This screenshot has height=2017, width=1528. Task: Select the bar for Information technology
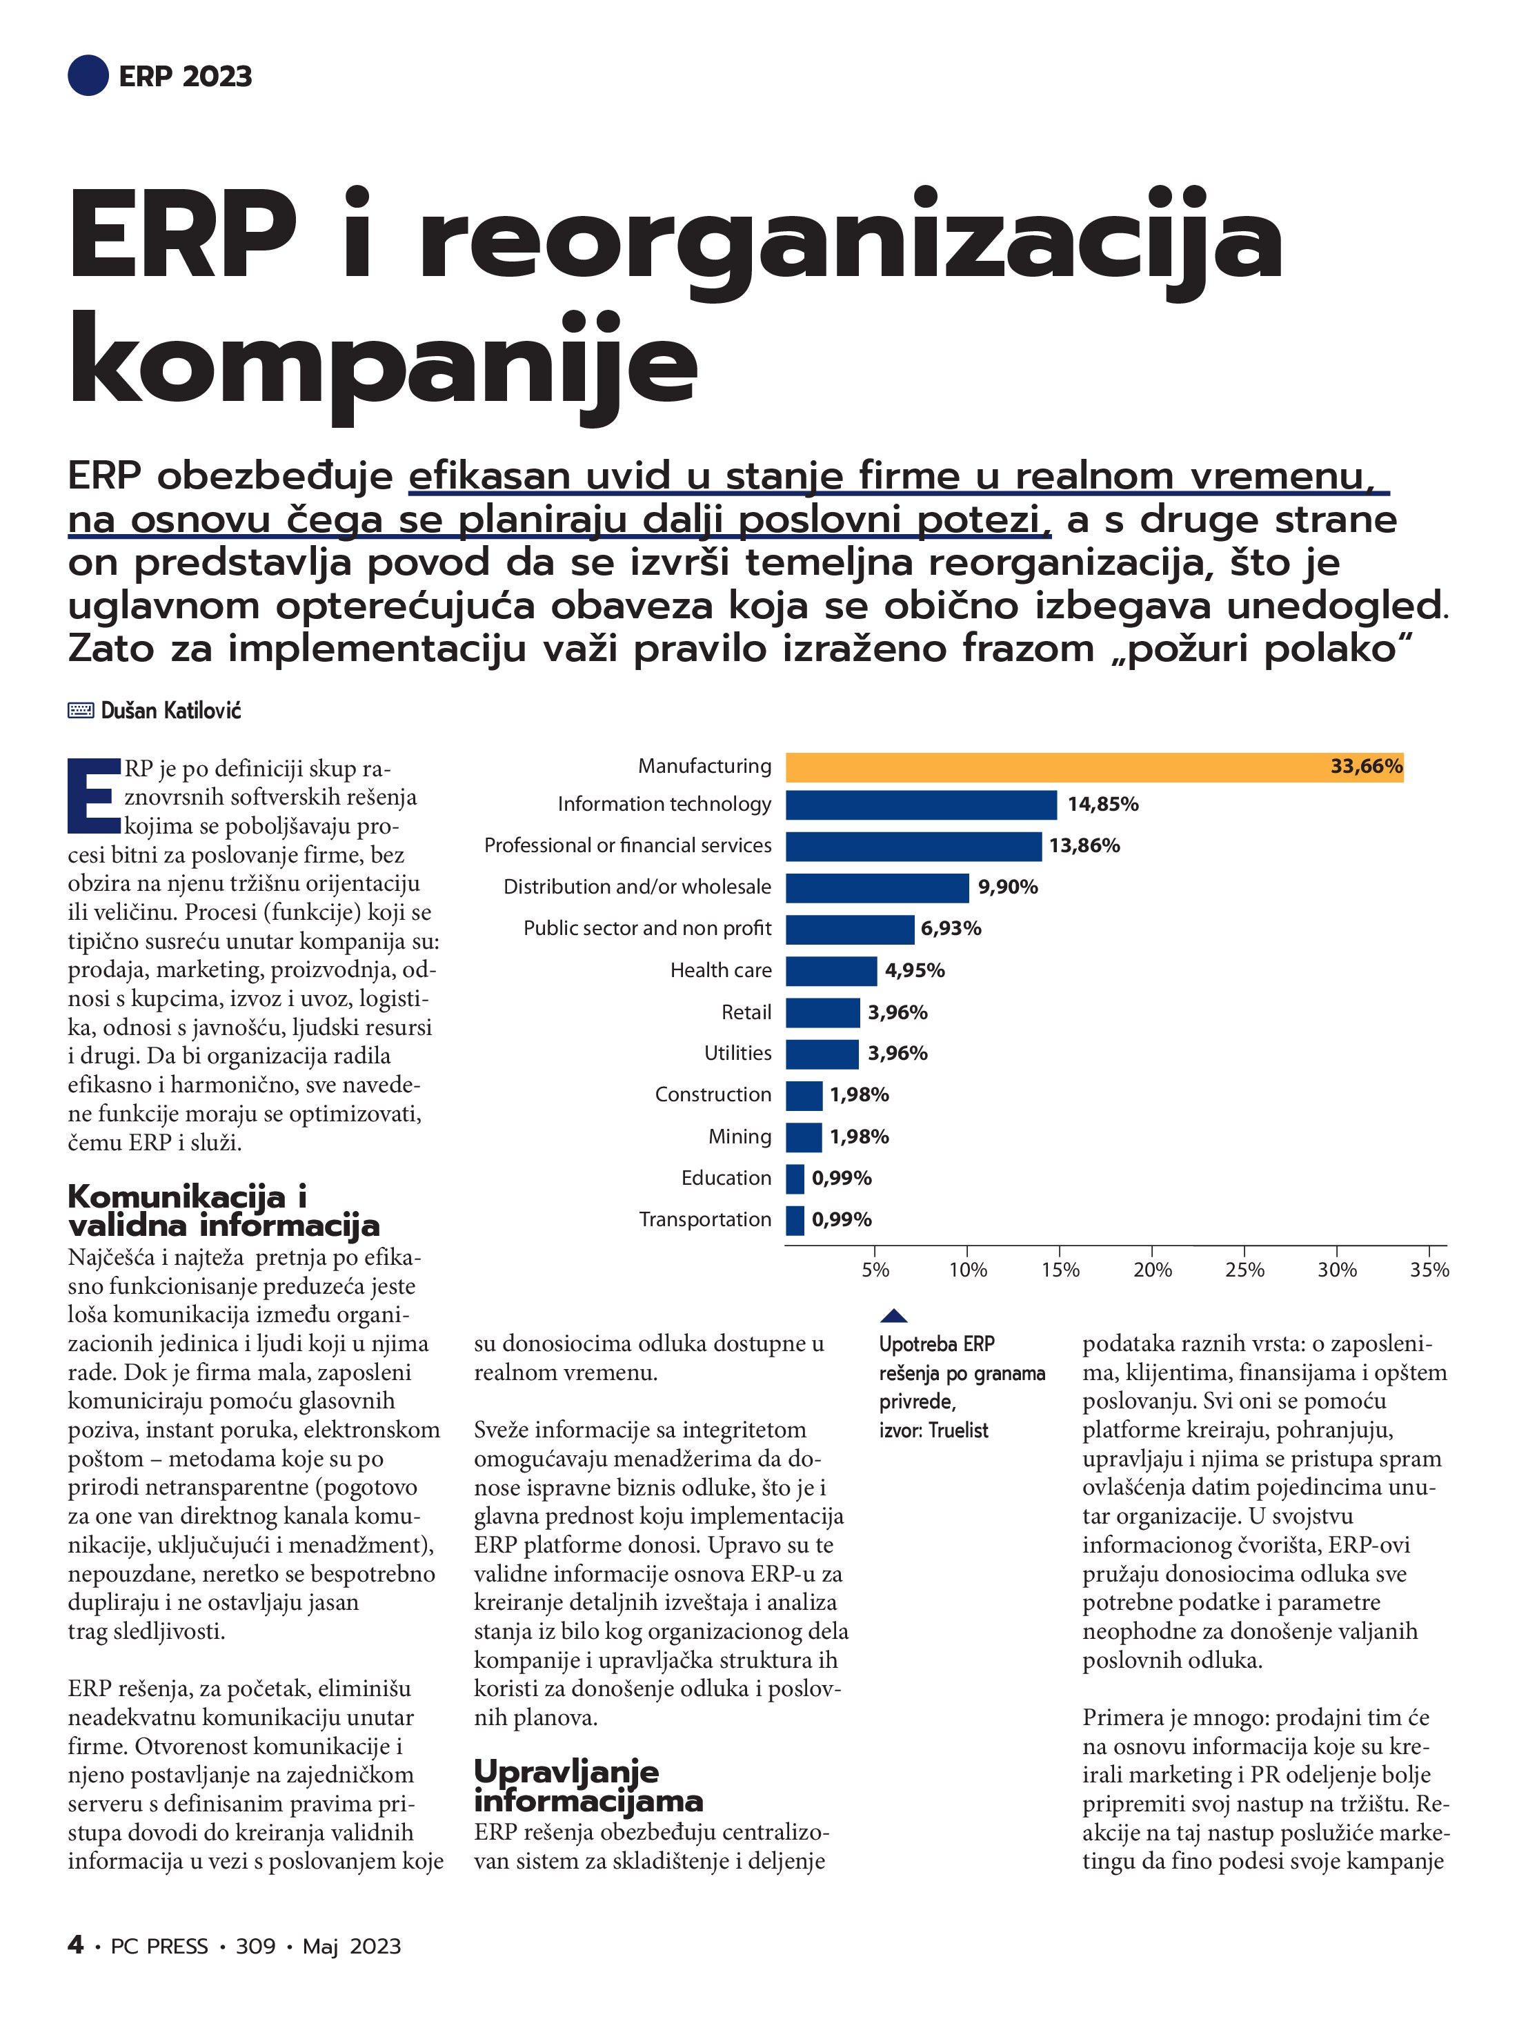pos(921,805)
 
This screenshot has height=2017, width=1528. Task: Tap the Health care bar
pos(831,971)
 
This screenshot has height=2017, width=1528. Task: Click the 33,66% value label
pos(1366,767)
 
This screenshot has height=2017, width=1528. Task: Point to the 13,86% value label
pos(1084,846)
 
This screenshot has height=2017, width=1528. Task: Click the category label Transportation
pos(705,1220)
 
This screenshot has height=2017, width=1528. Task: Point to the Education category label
pos(726,1178)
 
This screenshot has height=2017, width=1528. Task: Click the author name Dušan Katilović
pos(171,710)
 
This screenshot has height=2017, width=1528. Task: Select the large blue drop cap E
pos(93,795)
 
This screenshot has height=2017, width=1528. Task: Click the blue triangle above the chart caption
pos(893,1316)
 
